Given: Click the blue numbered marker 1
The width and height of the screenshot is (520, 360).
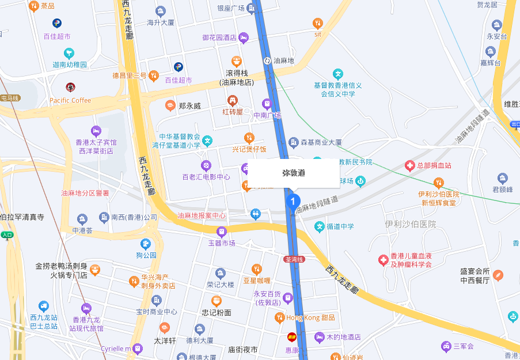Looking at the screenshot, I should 293,202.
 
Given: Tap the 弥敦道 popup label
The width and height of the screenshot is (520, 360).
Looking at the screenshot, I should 294,173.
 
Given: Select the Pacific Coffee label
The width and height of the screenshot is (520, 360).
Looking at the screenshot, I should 70,100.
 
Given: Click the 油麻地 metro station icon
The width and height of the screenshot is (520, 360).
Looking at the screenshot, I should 268,60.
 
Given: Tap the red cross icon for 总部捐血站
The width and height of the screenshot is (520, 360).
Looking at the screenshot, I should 409,166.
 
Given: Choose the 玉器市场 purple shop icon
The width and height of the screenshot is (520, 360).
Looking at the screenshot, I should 221,232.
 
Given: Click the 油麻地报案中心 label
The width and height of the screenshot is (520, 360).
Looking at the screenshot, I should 202,215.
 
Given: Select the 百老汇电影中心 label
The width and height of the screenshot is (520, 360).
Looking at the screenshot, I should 206,177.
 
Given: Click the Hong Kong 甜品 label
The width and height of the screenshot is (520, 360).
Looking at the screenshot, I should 310,317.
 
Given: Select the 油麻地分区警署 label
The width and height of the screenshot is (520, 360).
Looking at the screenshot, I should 85,193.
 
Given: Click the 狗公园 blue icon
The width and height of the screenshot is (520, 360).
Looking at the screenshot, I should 146,243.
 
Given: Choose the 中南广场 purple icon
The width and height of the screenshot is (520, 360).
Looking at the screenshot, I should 267,104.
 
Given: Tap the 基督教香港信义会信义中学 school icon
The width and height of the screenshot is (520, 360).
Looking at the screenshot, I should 338,74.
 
